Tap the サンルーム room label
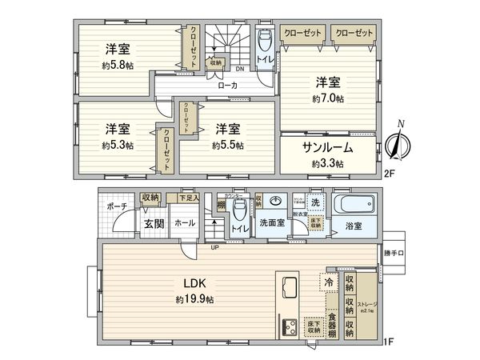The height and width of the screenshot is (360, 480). click(x=327, y=148)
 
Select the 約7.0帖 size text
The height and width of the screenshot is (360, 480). click(x=328, y=98)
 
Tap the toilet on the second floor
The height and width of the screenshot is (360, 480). click(x=266, y=38)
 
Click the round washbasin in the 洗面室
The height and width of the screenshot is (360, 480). click(x=275, y=202)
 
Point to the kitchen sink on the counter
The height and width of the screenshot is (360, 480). click(x=288, y=287)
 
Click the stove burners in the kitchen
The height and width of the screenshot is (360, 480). click(x=289, y=326)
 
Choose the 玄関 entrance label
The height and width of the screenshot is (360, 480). click(x=154, y=224)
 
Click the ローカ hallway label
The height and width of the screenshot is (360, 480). click(x=226, y=84)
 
